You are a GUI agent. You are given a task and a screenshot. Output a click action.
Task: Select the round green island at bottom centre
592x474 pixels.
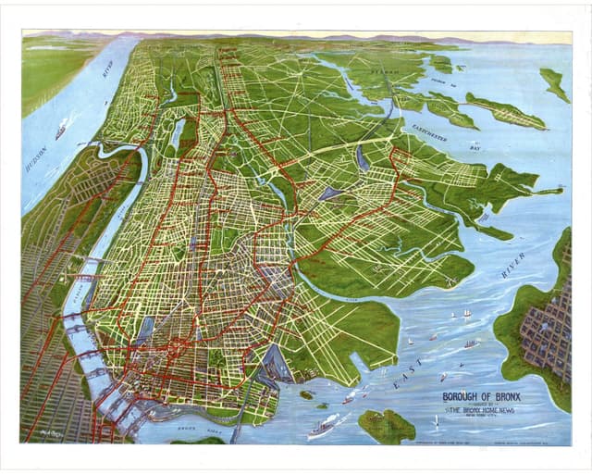tap(386, 426)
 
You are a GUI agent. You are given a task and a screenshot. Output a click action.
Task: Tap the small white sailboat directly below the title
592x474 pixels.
tap(436, 421)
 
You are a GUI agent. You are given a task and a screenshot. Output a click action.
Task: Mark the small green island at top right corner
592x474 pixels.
tap(554, 84)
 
